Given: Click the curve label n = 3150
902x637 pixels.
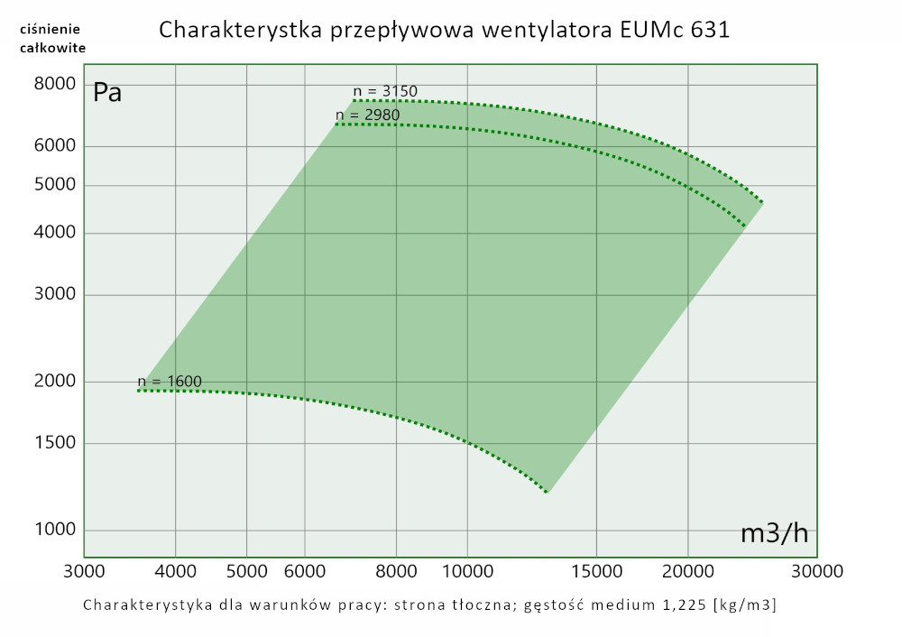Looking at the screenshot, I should coord(385,91).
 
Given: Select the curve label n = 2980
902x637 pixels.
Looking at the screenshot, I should coord(367,115).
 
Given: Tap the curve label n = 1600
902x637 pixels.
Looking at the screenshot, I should coord(170,381).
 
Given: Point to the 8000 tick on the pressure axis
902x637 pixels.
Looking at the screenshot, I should coord(55,84).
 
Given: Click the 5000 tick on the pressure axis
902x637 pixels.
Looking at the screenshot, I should coord(55,185).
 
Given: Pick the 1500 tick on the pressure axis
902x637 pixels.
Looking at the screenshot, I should coord(55,443).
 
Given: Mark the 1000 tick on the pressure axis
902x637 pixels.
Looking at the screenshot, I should coord(55,530).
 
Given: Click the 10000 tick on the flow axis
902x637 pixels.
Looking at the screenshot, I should coord(466,571).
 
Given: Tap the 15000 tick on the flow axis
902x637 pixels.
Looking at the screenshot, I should coord(596,571).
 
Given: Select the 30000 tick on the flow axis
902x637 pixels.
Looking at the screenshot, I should coord(817,571).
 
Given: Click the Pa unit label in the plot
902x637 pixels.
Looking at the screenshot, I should coord(108,92).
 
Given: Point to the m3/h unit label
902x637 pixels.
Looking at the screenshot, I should coord(774,533).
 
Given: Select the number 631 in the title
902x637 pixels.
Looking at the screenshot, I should coord(709,30).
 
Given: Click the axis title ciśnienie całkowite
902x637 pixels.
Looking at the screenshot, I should coord(52,39).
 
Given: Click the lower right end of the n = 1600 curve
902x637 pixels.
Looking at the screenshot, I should coord(548,493).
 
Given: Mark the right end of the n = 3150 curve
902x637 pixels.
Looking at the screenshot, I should coord(763,202).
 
